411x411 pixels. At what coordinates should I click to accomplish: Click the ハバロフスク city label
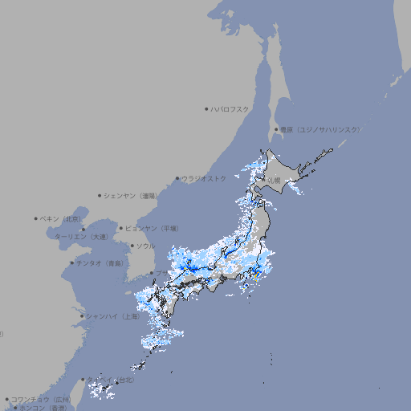coord(230,108)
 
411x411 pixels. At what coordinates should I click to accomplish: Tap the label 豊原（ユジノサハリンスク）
coord(319,129)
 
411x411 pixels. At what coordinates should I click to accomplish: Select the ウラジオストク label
coord(204,178)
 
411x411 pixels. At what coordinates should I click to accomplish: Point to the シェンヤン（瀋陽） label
coord(132,195)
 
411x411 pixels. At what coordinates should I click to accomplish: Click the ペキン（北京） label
coord(62,218)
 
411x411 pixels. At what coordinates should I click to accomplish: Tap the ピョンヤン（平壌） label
coord(153,228)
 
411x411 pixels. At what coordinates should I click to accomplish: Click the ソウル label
coord(146,246)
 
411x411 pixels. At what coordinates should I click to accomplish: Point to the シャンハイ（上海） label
coord(112,315)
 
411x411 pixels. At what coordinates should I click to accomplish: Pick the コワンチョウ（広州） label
coord(40,399)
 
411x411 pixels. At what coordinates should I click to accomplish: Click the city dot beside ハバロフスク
coord(205,108)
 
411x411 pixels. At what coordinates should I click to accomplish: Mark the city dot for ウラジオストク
coord(177,178)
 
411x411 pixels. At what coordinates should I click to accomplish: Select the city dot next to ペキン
coord(35,218)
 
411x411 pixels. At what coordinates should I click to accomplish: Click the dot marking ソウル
coord(132,246)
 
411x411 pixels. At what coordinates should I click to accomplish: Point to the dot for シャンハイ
coord(82,315)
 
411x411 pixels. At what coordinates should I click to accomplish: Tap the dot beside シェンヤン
coord(100,195)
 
